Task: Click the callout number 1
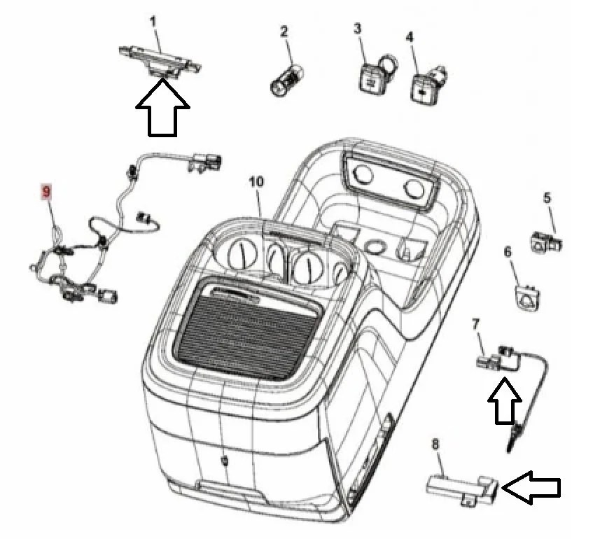153,22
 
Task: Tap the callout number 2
284,31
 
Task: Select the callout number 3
357,29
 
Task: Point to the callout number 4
409,36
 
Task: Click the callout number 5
547,197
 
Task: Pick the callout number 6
508,252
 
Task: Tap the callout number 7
475,324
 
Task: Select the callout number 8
435,444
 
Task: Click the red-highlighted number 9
46,191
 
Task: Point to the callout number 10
256,181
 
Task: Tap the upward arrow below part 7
505,400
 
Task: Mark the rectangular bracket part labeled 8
462,489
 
